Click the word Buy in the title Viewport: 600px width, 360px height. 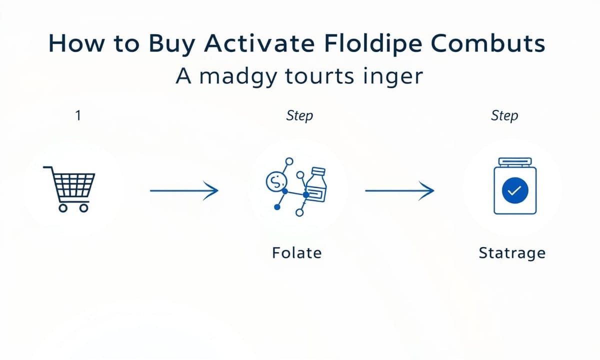(x=171, y=44)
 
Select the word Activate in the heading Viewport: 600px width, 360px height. (x=259, y=43)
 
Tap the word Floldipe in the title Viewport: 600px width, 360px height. (x=373, y=44)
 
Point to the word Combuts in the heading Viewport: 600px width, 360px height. (x=488, y=43)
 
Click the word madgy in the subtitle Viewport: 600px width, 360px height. (x=238, y=77)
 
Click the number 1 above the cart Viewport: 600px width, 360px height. (x=78, y=115)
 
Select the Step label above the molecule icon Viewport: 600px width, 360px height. (x=299, y=116)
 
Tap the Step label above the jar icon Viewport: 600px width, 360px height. (x=504, y=116)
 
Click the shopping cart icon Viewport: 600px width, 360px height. (x=69, y=189)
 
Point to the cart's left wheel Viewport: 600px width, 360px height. (x=63, y=208)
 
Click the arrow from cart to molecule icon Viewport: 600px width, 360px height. (x=184, y=190)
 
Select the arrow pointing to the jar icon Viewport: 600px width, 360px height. (x=399, y=190)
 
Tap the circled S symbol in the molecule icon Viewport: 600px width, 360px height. (x=276, y=181)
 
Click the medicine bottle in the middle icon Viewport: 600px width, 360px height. (x=316, y=185)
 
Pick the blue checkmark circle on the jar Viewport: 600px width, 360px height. (x=515, y=190)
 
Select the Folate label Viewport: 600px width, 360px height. (x=297, y=253)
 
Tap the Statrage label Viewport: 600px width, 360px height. (x=512, y=253)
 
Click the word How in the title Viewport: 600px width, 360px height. (x=76, y=43)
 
